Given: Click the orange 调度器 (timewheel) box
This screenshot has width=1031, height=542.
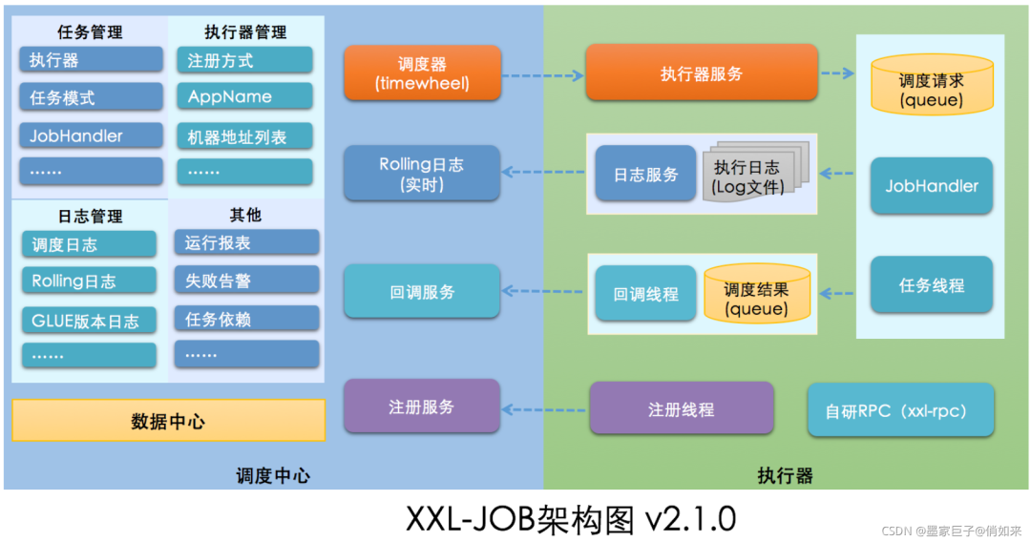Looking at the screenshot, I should coord(421,73).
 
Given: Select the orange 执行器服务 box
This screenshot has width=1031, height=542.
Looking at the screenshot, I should coord(702,73).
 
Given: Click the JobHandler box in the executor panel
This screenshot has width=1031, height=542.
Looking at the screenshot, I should coord(932,186).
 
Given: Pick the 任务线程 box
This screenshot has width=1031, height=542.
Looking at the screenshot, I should coord(932,285).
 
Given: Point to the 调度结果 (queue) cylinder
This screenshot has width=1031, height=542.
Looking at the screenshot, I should coord(756,295).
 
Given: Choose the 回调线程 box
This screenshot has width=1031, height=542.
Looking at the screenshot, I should coord(645,295).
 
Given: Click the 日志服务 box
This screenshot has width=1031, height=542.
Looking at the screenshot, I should coord(645,175).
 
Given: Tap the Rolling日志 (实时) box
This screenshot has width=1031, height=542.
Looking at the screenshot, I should coord(421,174).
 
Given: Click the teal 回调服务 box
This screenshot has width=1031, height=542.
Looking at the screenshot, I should coord(421,292).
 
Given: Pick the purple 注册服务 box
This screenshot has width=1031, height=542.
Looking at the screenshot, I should coord(421,406).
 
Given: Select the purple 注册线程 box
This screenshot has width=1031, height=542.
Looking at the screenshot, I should coord(681,409).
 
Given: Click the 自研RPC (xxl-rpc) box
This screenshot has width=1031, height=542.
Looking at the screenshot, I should coord(900,411).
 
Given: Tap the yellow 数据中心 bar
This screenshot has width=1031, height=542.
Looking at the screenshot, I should coord(168,421).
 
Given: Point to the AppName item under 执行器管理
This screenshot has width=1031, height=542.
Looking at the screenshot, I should coord(243,97).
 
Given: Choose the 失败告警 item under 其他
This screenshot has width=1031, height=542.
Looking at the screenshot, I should coord(246,281).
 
